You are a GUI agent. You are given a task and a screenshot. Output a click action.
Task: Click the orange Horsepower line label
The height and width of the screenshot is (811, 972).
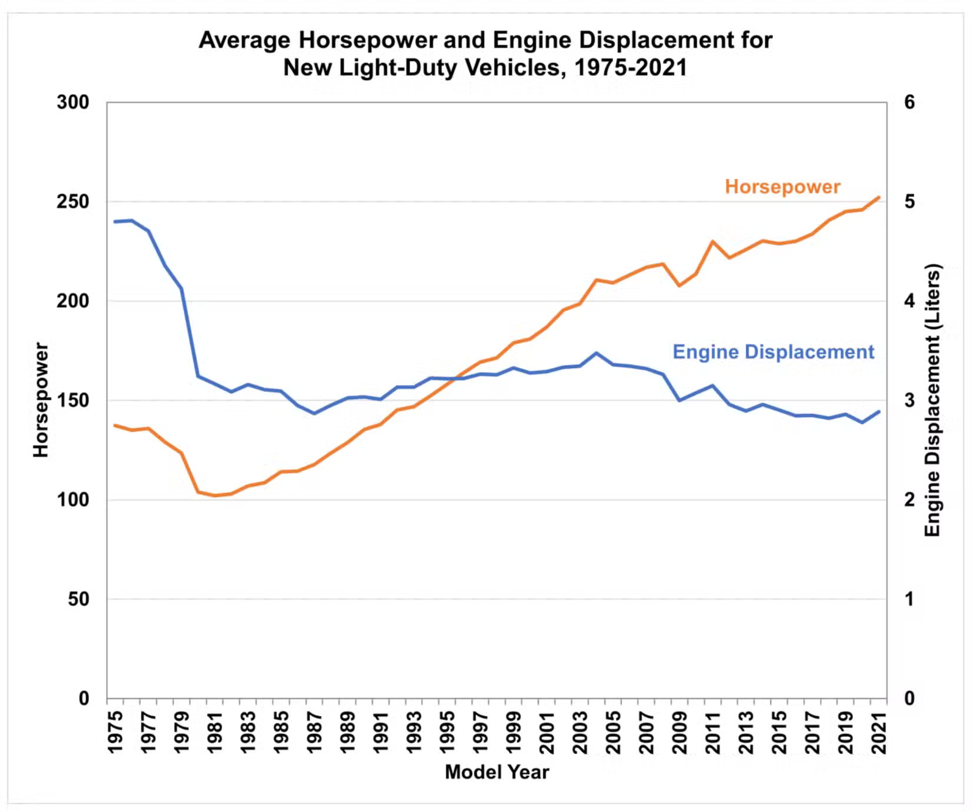pyautogui.click(x=782, y=186)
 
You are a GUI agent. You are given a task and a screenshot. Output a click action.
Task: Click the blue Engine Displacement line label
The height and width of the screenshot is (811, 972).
pyautogui.click(x=773, y=352)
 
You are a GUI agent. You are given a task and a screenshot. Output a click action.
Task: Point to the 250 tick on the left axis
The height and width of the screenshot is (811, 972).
pyautogui.click(x=73, y=202)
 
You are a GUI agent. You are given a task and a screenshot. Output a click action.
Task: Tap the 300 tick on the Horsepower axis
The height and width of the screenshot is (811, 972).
pyautogui.click(x=73, y=102)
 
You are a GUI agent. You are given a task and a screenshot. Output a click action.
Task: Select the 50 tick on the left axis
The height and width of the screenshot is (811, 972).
pyautogui.click(x=78, y=599)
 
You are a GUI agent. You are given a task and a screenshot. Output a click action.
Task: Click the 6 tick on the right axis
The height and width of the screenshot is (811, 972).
pyautogui.click(x=909, y=102)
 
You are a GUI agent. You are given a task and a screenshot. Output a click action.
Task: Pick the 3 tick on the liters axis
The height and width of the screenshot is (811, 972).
pyautogui.click(x=909, y=400)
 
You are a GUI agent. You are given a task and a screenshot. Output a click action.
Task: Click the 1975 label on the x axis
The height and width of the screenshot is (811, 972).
pyautogui.click(x=115, y=732)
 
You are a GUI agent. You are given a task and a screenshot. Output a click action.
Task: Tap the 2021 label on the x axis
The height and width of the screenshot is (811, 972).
pyautogui.click(x=879, y=732)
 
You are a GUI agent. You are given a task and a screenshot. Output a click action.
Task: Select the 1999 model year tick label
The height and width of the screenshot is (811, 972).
pyautogui.click(x=514, y=732)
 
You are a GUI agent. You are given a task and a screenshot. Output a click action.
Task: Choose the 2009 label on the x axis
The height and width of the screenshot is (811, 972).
pyautogui.click(x=680, y=732)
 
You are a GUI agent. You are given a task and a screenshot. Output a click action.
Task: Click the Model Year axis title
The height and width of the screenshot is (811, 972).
pyautogui.click(x=497, y=772)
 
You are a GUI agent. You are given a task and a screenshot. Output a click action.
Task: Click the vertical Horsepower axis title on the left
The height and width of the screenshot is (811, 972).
pyautogui.click(x=41, y=400)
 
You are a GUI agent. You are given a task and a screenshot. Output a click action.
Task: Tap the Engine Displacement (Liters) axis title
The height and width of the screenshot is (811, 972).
pyautogui.click(x=932, y=400)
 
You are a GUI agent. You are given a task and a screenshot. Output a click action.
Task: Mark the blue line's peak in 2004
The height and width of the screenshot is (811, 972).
pyautogui.click(x=597, y=353)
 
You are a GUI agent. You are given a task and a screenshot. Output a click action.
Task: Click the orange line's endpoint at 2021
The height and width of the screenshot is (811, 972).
pyautogui.click(x=878, y=197)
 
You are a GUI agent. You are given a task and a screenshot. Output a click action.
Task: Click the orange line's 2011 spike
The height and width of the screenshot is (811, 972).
pyautogui.click(x=713, y=242)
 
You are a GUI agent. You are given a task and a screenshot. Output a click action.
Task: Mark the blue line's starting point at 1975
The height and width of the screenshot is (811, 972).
pyautogui.click(x=115, y=222)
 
